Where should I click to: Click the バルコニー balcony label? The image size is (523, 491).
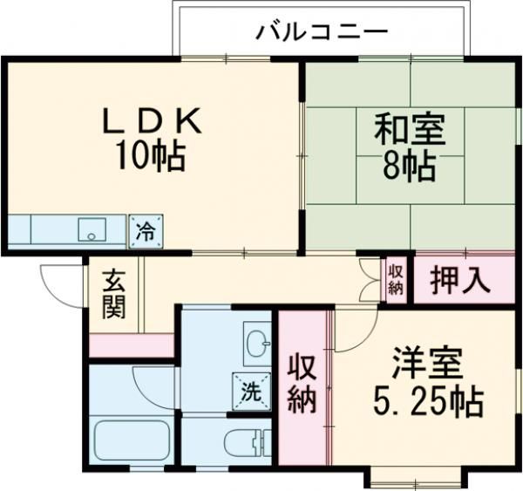pyautogui.click(x=321, y=33)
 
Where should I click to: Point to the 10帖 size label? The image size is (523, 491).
pyautogui.click(x=153, y=157)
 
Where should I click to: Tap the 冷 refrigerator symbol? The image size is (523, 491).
pyautogui.click(x=146, y=232)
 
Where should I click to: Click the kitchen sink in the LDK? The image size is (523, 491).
pyautogui.click(x=91, y=230)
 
